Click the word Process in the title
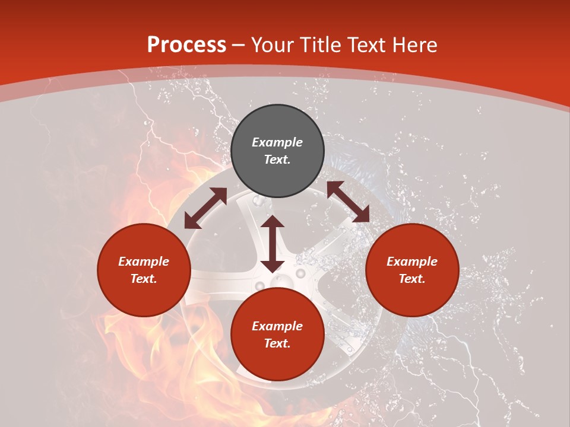coord(186,45)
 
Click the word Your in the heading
coord(273,45)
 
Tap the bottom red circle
coord(277,362)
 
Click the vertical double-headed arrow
coord(273,244)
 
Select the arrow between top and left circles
coord(205,208)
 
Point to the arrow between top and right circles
coord(348,202)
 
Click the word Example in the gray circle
coord(277,142)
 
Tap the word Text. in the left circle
coord(144,279)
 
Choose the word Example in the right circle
coord(412,262)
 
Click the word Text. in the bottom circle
coord(277,343)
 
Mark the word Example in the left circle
coord(144,262)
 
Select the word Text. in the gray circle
coord(277,160)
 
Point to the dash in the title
coord(239,45)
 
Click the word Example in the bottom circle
coord(277,326)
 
